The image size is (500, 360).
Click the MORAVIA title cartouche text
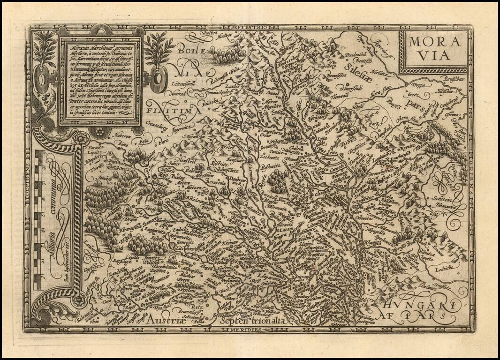(433, 48)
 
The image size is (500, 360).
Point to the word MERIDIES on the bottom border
(247, 330)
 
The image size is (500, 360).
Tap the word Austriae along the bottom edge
(173, 320)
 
